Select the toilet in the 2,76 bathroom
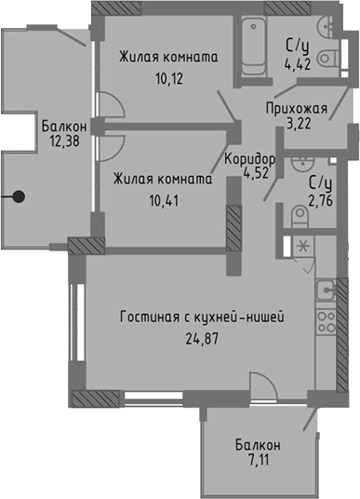(x=298, y=216)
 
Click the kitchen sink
(x=326, y=288)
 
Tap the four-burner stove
(x=326, y=323)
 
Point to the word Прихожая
(x=295, y=107)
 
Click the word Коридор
(x=248, y=156)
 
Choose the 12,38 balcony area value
(x=63, y=142)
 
